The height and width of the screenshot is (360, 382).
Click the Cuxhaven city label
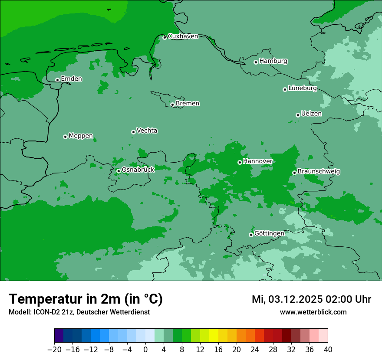[x=183, y=36]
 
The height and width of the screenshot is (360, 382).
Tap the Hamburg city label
[x=273, y=61]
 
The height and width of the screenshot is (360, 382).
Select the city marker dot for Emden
[x=57, y=80]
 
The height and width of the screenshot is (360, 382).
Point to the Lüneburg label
[x=302, y=88]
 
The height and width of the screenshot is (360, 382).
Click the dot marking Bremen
[x=172, y=105]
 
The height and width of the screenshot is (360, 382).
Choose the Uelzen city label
[x=311, y=114]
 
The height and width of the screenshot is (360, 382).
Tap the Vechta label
[x=147, y=131]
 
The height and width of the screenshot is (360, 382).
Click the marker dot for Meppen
[x=65, y=137]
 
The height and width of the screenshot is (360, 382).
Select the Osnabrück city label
[x=138, y=170]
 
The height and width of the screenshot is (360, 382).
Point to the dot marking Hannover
[x=240, y=162]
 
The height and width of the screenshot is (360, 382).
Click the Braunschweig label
[x=319, y=171]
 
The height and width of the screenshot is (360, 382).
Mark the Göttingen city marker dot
[x=251, y=235]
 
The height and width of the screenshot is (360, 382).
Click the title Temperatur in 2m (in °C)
[x=86, y=299]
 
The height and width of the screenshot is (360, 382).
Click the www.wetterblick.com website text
[x=313, y=312]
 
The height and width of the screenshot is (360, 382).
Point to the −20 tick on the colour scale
[x=54, y=350]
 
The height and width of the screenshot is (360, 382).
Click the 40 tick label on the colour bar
[x=328, y=350]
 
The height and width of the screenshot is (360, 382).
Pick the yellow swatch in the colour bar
[x=214, y=336]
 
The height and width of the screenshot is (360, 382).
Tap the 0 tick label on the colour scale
[x=145, y=350]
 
